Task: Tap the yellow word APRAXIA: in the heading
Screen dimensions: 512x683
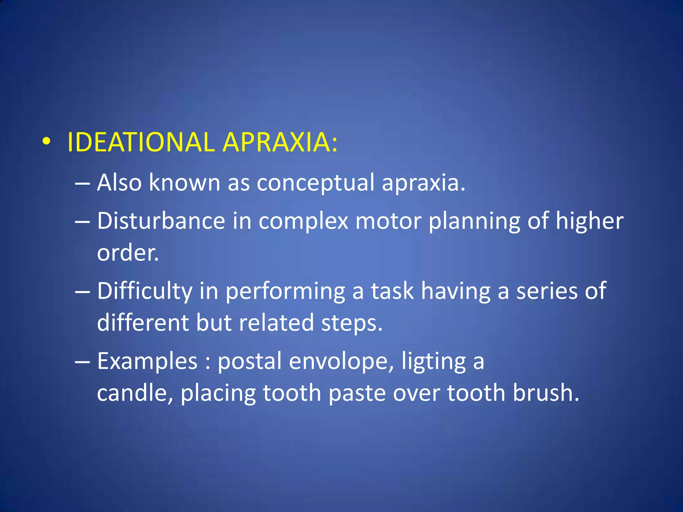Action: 280,142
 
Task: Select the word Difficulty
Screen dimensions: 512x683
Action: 145,291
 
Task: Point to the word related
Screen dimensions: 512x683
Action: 276,323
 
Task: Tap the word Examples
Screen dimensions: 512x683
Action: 147,361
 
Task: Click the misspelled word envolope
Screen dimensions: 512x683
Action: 341,361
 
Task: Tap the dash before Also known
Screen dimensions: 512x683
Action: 82,183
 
